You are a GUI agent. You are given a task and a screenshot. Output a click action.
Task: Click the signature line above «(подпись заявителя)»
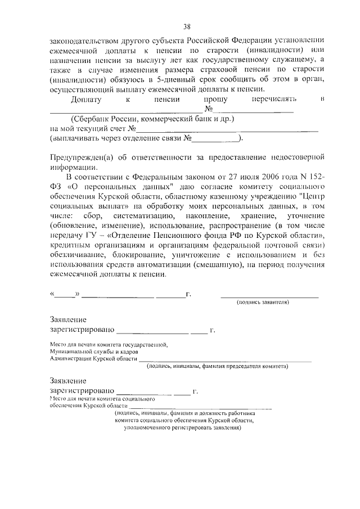coord(269,295)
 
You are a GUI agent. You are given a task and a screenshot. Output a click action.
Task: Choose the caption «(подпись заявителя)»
coord(263,302)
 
